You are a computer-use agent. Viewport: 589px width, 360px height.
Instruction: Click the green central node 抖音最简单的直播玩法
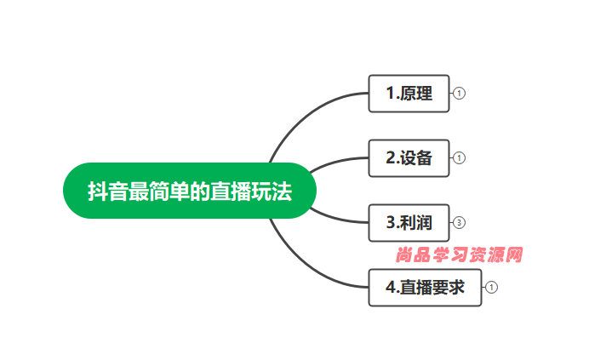tap(190, 191)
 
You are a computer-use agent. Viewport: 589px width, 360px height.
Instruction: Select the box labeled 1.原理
tap(409, 94)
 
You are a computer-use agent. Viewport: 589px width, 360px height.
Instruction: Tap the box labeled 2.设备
tap(409, 158)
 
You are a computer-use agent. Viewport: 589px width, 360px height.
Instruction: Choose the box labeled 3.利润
tap(409, 223)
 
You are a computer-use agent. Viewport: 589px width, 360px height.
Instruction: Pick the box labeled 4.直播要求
tap(426, 288)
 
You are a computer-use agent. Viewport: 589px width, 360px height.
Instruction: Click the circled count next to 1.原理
tap(459, 94)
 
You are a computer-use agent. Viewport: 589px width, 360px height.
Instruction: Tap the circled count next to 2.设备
tap(459, 157)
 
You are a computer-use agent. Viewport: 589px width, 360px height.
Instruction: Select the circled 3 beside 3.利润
tap(459, 222)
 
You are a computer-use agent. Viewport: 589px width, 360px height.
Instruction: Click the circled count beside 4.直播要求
tap(491, 287)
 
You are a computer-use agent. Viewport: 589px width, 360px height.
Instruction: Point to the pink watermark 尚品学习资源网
tap(459, 255)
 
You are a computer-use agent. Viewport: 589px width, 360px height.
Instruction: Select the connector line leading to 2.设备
tap(336, 162)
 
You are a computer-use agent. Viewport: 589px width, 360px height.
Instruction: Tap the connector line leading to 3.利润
tap(336, 218)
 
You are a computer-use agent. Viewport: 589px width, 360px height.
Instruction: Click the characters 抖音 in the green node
tap(108, 191)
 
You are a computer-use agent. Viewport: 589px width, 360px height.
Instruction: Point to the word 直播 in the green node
tap(231, 191)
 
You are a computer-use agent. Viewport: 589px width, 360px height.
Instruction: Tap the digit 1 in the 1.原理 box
tap(391, 94)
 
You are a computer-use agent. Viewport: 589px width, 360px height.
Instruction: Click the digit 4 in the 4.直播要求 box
tap(391, 287)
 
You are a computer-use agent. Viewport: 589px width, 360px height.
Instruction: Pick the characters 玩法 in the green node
tap(272, 191)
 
